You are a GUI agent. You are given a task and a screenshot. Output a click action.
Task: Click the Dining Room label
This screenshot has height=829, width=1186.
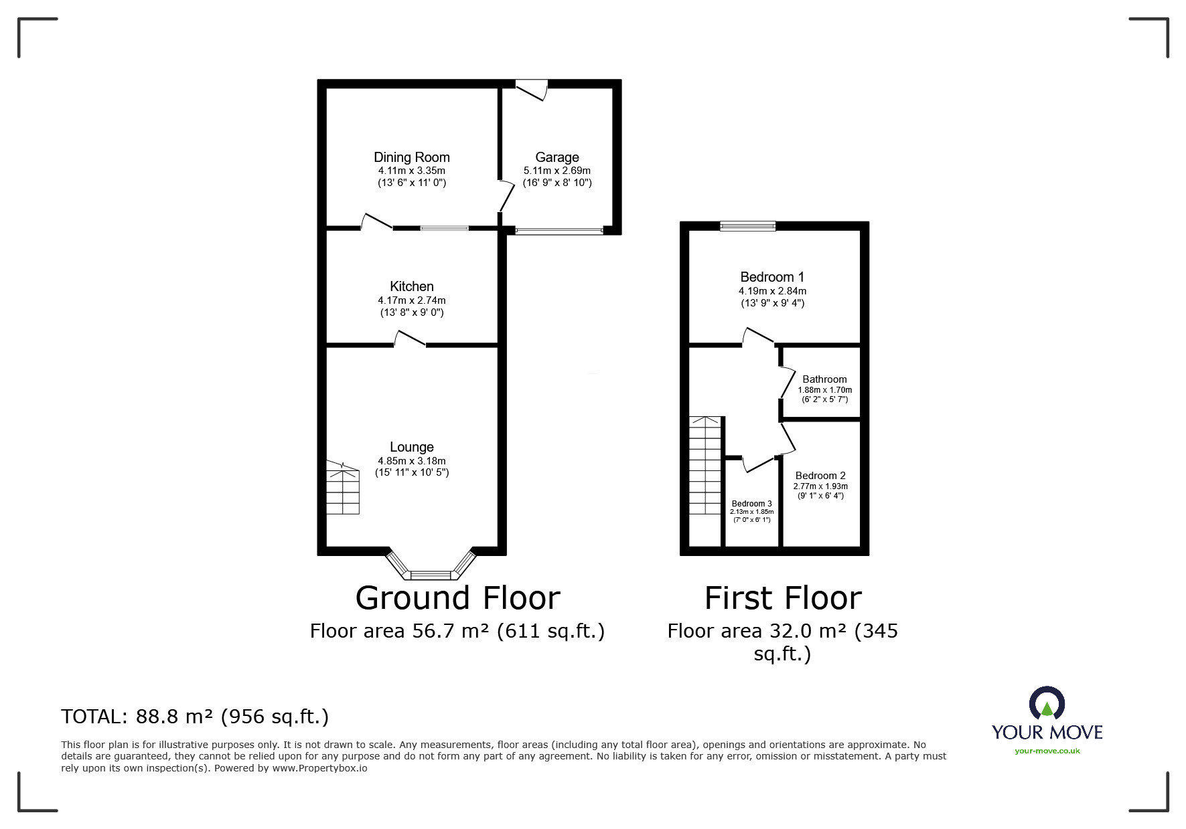click(411, 157)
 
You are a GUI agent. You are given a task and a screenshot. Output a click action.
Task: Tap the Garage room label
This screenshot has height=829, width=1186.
click(557, 157)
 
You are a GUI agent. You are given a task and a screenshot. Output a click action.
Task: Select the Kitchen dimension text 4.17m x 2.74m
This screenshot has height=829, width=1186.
click(411, 300)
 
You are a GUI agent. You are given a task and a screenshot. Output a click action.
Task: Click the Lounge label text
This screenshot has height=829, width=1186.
click(411, 447)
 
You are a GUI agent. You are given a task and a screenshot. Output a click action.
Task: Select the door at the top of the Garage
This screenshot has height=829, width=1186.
click(532, 90)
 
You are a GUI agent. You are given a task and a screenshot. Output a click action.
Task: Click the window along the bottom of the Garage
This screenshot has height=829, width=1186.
click(559, 231)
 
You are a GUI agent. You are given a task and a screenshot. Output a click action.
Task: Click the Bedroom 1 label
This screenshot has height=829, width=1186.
click(772, 277)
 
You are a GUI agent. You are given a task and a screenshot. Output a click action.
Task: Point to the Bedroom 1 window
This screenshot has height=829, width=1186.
click(748, 226)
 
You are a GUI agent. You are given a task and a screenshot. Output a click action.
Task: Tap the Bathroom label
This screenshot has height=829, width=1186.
click(824, 379)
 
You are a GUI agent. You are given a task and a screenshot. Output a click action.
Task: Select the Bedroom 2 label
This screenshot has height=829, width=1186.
click(820, 476)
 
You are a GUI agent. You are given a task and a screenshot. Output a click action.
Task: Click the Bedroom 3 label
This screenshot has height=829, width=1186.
click(751, 504)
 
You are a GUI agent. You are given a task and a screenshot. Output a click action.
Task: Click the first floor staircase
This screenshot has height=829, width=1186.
click(706, 465)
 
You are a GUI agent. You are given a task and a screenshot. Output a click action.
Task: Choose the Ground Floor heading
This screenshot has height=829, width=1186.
click(457, 598)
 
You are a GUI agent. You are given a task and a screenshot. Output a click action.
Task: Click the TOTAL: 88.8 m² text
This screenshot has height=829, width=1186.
click(195, 717)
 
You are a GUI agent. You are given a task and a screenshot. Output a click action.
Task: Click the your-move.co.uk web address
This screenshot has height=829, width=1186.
click(1047, 751)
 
